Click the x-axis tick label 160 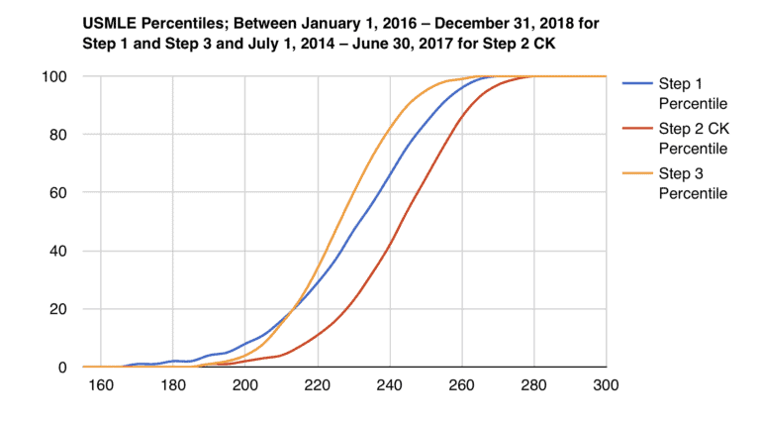[x=100, y=387]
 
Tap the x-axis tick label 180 [x=172, y=387]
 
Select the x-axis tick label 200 [x=244, y=387]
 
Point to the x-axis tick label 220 [x=317, y=387]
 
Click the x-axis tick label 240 [x=389, y=387]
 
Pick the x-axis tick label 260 [x=461, y=387]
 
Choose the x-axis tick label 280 [x=533, y=387]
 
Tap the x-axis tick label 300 [x=605, y=387]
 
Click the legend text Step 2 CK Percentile [x=692, y=139]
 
